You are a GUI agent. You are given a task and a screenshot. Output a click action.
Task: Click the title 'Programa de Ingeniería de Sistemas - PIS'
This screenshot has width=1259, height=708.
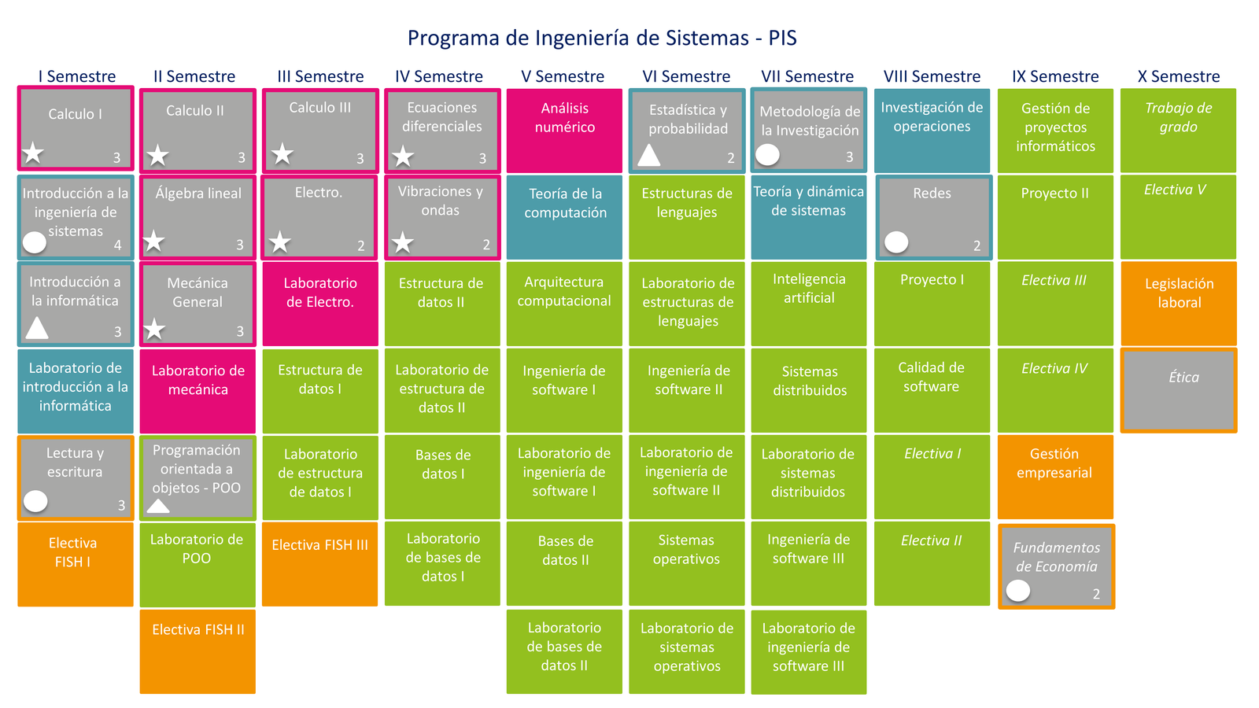click(602, 39)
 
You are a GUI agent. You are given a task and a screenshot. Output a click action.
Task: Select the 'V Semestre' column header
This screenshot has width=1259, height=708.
click(563, 76)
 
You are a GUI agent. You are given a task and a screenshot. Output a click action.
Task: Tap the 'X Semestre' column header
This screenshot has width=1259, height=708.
click(1179, 76)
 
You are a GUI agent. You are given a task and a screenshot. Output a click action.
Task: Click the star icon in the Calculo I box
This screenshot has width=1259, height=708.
click(33, 153)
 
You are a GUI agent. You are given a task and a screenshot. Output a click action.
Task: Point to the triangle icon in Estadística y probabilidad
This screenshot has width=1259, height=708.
click(648, 155)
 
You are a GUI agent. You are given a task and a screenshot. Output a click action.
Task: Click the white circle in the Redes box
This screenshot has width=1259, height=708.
click(896, 242)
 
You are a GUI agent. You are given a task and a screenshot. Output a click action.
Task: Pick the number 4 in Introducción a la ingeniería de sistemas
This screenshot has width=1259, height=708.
click(117, 245)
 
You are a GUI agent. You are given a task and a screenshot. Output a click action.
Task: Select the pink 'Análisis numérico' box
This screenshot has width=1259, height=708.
click(564, 131)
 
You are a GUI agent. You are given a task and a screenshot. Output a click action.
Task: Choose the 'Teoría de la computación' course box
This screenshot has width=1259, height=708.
click(564, 217)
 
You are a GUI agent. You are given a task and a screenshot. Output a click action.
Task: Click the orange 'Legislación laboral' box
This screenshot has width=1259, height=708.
click(1179, 304)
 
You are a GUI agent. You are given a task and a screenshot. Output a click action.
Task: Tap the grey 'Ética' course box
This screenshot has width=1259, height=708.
click(1179, 390)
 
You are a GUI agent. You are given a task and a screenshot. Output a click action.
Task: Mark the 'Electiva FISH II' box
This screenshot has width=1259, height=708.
click(198, 652)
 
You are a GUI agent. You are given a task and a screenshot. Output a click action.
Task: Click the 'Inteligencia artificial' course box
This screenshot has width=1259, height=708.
click(809, 304)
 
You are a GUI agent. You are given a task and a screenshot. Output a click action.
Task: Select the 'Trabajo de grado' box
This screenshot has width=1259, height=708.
click(1178, 131)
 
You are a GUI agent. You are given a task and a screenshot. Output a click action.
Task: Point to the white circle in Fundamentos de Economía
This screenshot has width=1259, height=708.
click(1018, 591)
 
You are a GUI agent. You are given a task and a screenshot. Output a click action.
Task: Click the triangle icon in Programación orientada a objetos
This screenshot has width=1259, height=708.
click(158, 506)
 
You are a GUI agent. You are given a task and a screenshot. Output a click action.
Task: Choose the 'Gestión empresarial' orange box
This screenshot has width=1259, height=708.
click(1055, 477)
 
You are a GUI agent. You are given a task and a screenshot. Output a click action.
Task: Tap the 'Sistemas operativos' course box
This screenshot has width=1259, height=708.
click(687, 563)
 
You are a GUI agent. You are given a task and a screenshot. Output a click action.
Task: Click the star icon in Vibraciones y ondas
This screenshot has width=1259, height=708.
click(402, 243)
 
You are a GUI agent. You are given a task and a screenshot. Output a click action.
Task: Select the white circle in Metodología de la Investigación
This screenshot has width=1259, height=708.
click(767, 154)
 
